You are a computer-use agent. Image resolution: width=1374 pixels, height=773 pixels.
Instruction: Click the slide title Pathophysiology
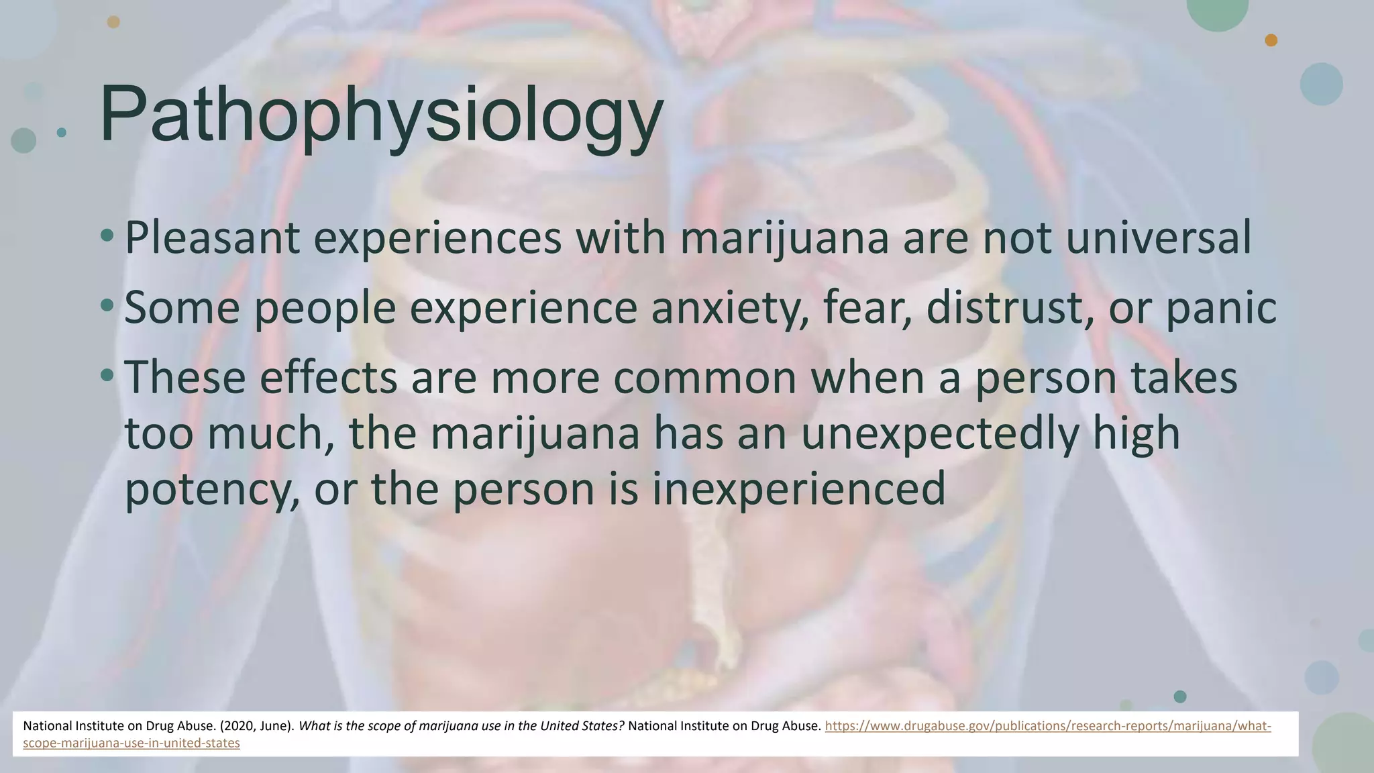(381, 114)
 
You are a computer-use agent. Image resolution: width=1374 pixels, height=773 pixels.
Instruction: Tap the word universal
(1158, 238)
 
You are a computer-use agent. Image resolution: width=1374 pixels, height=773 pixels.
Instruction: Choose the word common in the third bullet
(704, 377)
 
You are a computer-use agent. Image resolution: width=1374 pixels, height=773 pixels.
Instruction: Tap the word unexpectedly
(940, 433)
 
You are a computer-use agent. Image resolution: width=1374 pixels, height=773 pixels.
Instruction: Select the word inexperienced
(798, 490)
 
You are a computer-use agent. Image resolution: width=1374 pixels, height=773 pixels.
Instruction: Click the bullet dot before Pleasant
(107, 236)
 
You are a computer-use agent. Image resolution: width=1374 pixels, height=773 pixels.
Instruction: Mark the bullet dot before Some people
(107, 305)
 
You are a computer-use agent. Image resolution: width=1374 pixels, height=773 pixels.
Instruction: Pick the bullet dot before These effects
(107, 375)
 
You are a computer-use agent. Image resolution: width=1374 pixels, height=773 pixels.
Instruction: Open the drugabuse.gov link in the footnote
(1047, 726)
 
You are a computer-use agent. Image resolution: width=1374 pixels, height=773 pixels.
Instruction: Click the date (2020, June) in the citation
(257, 726)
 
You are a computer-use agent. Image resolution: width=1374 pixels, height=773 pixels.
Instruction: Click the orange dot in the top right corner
(1271, 40)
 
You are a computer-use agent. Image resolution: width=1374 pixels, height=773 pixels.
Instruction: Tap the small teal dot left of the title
(62, 132)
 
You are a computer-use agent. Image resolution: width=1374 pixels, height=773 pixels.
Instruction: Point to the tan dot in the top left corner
(113, 22)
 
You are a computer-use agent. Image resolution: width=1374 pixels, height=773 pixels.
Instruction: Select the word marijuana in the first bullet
(784, 238)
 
